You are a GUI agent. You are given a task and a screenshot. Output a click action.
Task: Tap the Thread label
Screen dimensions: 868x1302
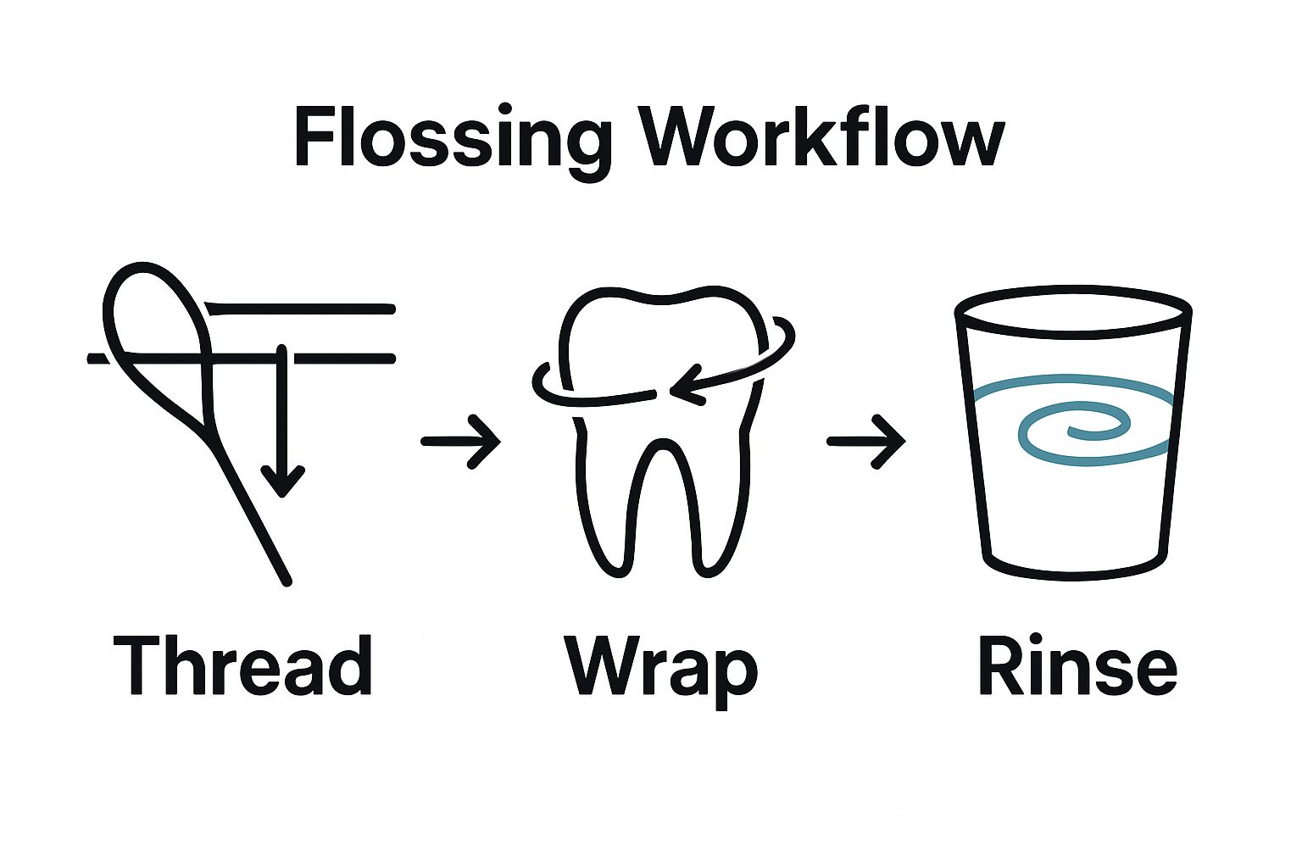point(242,665)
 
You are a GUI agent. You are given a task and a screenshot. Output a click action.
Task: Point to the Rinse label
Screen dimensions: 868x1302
point(1077,665)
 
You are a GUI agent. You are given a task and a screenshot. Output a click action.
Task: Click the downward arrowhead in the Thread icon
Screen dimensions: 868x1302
point(282,483)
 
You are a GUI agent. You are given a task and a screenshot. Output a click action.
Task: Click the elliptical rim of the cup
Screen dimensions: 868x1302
point(1073,308)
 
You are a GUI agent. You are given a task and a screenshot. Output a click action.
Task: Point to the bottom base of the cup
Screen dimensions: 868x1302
point(1074,566)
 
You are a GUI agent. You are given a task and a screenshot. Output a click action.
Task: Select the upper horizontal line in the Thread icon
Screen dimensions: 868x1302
point(301,308)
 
